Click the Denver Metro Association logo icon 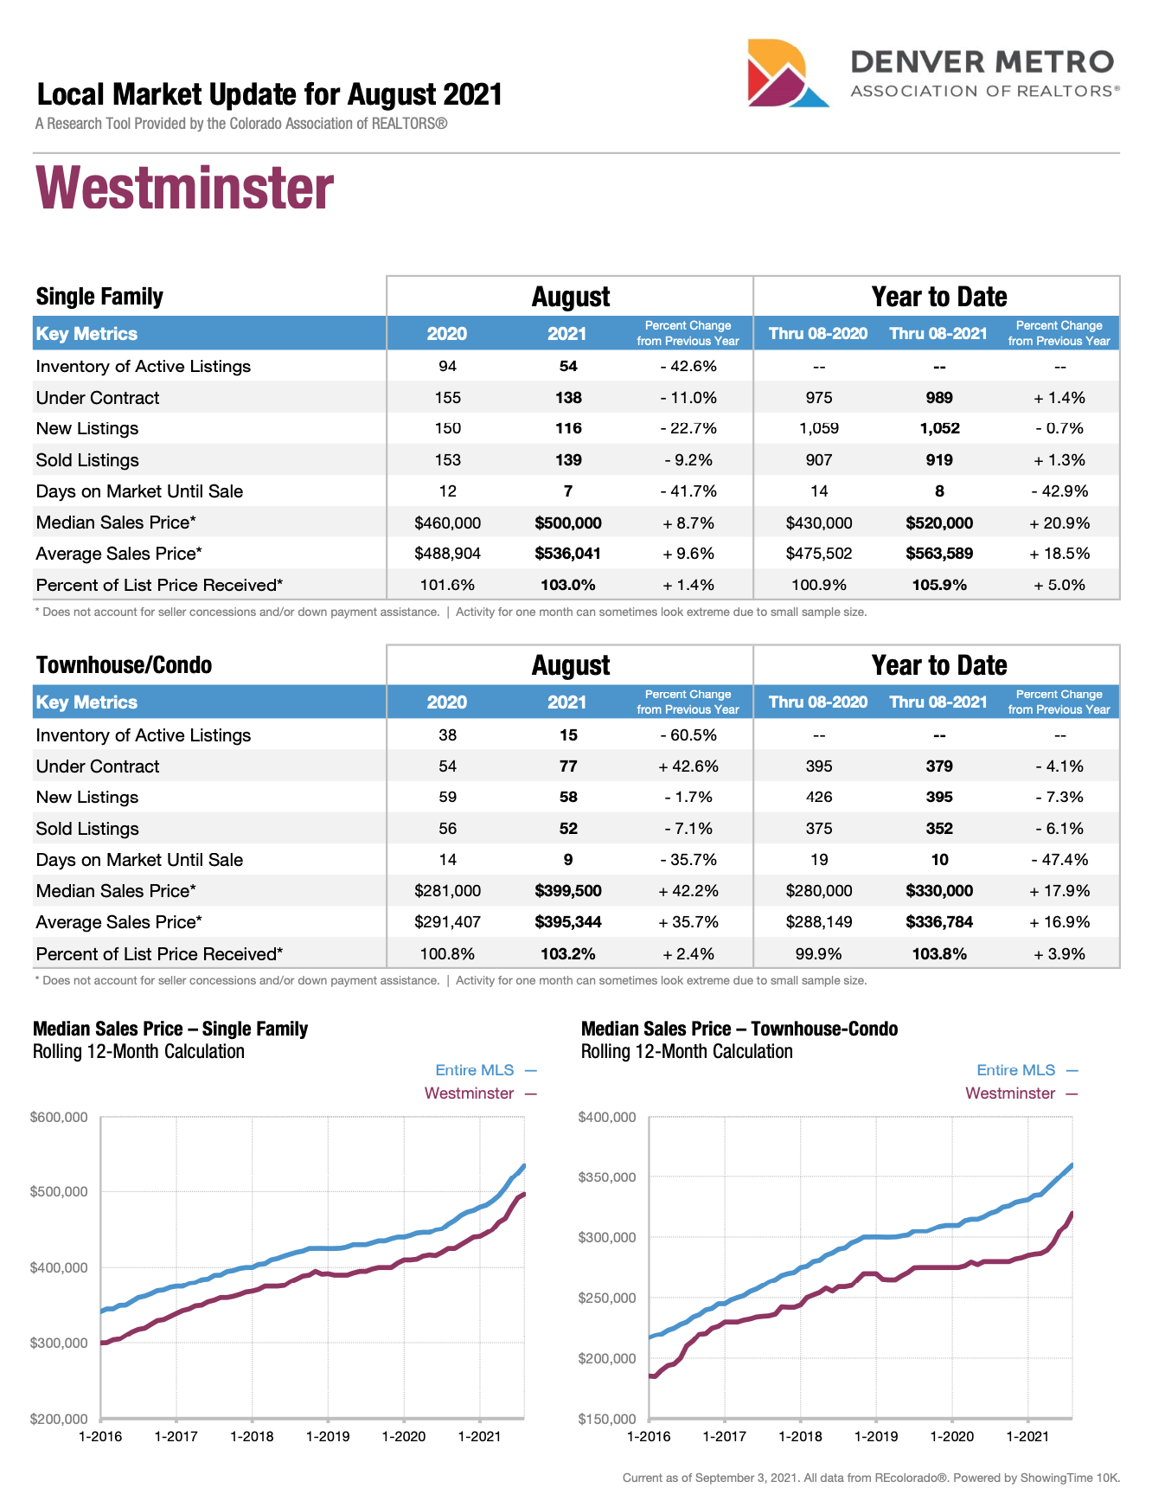pyautogui.click(x=785, y=74)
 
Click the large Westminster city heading pyautogui.click(x=184, y=189)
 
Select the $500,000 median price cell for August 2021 pyautogui.click(x=567, y=523)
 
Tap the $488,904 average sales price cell pyautogui.click(x=447, y=554)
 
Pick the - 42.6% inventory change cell pyautogui.click(x=688, y=366)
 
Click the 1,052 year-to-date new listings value pyautogui.click(x=939, y=428)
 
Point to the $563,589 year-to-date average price pyautogui.click(x=939, y=554)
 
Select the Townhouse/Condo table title pyautogui.click(x=124, y=664)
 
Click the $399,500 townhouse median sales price pyautogui.click(x=567, y=891)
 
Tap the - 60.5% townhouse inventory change pyautogui.click(x=688, y=735)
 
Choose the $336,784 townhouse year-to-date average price pyautogui.click(x=939, y=922)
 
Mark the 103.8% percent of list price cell pyautogui.click(x=939, y=954)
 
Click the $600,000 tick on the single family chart pyautogui.click(x=59, y=1118)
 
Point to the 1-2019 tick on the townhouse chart pyautogui.click(x=876, y=1437)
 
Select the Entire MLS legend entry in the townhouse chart pyautogui.click(x=1016, y=1070)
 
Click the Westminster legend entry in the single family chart pyautogui.click(x=470, y=1093)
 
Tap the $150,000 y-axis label pyautogui.click(x=607, y=1419)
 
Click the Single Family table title pyautogui.click(x=99, y=297)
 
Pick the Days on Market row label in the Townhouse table pyautogui.click(x=139, y=860)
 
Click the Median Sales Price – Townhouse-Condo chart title pyautogui.click(x=739, y=1029)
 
